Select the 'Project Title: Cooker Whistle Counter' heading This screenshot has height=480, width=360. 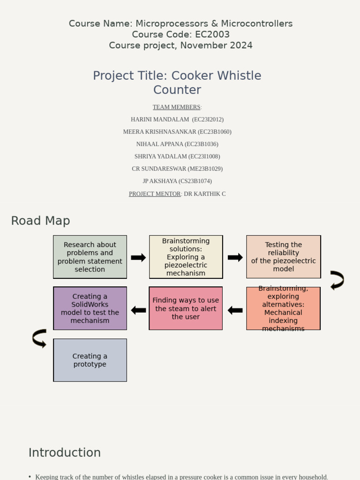pyautogui.click(x=177, y=82)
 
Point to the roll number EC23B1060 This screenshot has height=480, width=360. pyautogui.click(x=214, y=132)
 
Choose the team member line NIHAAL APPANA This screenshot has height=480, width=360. pyautogui.click(x=177, y=144)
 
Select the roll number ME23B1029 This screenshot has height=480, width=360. pyautogui.click(x=205, y=169)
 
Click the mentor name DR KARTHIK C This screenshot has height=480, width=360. pyautogui.click(x=204, y=194)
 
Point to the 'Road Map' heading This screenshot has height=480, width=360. pyautogui.click(x=40, y=221)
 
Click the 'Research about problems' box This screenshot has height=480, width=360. pyautogui.click(x=90, y=257)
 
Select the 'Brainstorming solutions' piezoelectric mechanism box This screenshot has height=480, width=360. pyautogui.click(x=186, y=257)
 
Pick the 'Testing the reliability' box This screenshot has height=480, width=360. pyautogui.click(x=283, y=257)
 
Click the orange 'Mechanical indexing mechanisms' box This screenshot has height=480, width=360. pyautogui.click(x=283, y=308)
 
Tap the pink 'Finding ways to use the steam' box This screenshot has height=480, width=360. pyautogui.click(x=186, y=308)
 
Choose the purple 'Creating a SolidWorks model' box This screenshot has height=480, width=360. pyautogui.click(x=90, y=308)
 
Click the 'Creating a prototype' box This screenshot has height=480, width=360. pyautogui.click(x=90, y=360)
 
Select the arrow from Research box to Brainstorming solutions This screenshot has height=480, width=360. pyautogui.click(x=138, y=257)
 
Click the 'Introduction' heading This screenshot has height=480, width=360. pyautogui.click(x=65, y=453)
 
